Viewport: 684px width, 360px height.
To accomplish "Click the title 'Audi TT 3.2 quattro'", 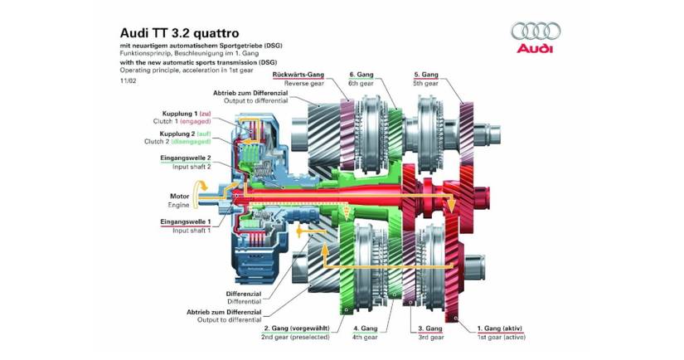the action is pyautogui.click(x=179, y=33).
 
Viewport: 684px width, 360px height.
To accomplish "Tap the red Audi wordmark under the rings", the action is pyautogui.click(x=535, y=48).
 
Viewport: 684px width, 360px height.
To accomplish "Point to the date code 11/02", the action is pyautogui.click(x=129, y=80).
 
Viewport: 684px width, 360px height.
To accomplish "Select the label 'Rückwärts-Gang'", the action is pyautogui.click(x=298, y=75).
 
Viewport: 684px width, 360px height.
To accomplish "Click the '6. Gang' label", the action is pyautogui.click(x=361, y=75).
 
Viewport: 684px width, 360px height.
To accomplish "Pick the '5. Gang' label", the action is pyautogui.click(x=426, y=75).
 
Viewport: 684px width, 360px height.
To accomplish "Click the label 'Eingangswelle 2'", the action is pyautogui.click(x=186, y=158).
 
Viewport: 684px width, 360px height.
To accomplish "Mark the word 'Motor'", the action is pyautogui.click(x=180, y=197).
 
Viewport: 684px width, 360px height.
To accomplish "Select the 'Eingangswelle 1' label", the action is pyautogui.click(x=186, y=222).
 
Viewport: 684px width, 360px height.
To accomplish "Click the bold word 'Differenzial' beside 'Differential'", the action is pyautogui.click(x=244, y=294).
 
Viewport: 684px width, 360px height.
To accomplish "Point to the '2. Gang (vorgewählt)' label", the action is pyautogui.click(x=296, y=328).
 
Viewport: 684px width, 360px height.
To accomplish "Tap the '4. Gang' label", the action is pyautogui.click(x=365, y=328).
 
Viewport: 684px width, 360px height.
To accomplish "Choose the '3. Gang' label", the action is pyautogui.click(x=430, y=328).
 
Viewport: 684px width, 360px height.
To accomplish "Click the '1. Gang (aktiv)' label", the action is pyautogui.click(x=499, y=328).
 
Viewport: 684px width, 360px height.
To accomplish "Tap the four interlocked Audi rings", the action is pyautogui.click(x=536, y=32).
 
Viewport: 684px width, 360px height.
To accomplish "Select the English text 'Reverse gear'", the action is pyautogui.click(x=304, y=83).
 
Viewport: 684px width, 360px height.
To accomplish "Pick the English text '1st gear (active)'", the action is pyautogui.click(x=502, y=337).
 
